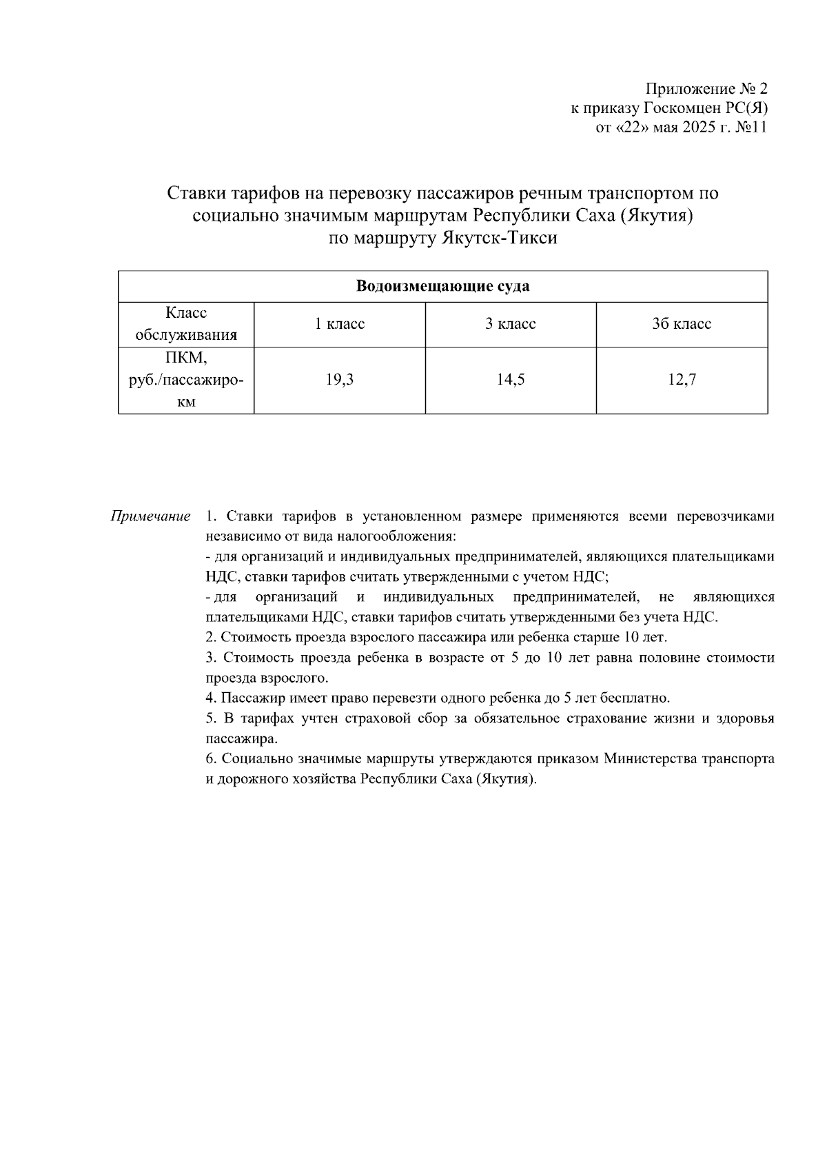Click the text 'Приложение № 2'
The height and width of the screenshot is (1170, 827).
point(706,89)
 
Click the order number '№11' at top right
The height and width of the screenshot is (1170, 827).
point(751,128)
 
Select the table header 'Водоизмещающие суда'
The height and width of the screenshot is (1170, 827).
point(442,286)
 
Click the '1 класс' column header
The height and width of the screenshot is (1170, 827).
point(339,324)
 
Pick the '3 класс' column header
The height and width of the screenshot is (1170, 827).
point(510,324)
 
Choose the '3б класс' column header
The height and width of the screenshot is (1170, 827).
point(681,324)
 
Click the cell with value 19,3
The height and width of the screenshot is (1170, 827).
point(339,380)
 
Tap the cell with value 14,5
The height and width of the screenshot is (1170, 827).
point(510,380)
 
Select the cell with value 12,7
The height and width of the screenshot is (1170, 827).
point(681,380)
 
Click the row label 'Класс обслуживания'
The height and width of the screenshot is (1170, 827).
point(186,324)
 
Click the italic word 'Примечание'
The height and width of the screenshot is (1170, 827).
point(151,516)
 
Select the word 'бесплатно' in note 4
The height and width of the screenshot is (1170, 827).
point(639,698)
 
